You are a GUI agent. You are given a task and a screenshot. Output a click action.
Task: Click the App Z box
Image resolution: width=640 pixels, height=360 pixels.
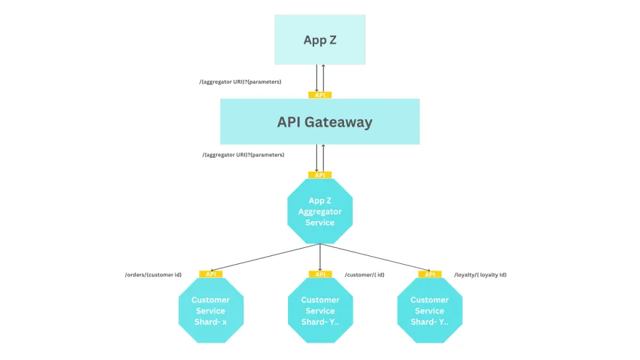[x=320, y=39]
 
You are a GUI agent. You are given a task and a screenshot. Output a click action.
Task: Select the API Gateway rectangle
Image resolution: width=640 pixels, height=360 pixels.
[x=320, y=121]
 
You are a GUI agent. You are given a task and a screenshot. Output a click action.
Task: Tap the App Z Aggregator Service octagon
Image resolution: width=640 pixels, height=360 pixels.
[x=320, y=212]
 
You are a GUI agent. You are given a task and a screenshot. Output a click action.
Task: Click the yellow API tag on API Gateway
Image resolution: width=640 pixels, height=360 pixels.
[x=320, y=95]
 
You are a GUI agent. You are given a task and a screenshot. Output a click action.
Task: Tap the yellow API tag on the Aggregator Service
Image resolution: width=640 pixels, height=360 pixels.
[x=320, y=175]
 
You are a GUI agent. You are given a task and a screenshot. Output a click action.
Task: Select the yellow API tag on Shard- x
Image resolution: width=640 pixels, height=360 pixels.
[x=210, y=274]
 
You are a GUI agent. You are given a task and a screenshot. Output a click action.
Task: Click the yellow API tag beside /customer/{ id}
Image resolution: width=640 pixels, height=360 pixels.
[x=320, y=274]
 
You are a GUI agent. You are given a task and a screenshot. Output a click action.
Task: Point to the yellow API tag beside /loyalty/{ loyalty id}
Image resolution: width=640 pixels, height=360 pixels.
[x=430, y=274]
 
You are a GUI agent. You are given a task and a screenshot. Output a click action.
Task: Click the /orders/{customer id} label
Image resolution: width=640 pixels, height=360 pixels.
[x=153, y=275]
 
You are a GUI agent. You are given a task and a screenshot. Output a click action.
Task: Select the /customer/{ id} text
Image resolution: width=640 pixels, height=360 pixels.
[x=365, y=275]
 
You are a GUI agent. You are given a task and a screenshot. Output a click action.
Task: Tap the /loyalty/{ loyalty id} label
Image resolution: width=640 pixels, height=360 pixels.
[x=481, y=275]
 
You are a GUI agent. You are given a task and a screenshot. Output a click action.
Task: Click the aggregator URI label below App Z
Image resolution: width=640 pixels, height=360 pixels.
[x=240, y=81]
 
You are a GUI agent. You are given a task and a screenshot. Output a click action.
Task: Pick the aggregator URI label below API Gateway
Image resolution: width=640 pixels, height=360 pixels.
[x=243, y=155]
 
